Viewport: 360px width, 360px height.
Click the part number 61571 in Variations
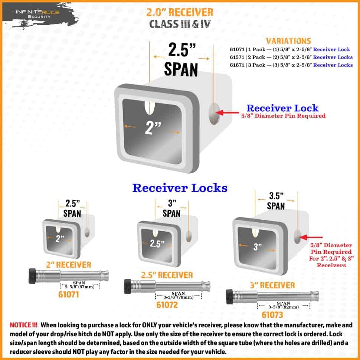(x=236, y=57)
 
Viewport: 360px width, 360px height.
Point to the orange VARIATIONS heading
(x=288, y=41)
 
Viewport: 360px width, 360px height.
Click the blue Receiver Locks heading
(x=180, y=188)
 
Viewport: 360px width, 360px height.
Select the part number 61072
(x=167, y=305)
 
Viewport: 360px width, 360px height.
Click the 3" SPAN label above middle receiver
(x=171, y=208)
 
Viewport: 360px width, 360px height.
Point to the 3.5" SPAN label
(x=275, y=200)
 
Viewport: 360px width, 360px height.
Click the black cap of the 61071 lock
(x=32, y=276)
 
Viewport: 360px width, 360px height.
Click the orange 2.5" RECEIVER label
(x=167, y=275)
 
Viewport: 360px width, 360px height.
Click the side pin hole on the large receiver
(x=214, y=114)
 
